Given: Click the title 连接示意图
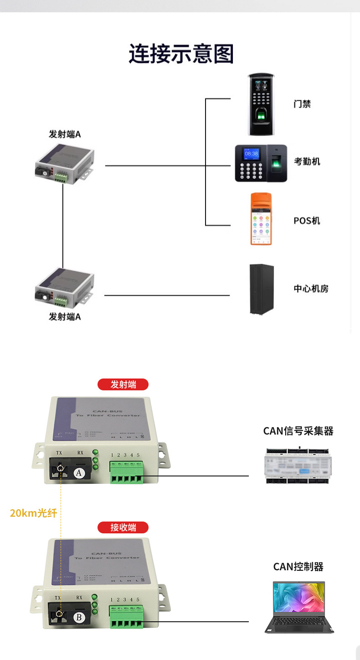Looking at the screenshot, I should point(181,54).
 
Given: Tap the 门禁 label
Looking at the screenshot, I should point(302,104).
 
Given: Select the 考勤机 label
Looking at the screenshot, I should point(307,161).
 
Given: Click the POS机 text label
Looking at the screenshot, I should point(307,220).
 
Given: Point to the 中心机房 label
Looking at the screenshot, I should point(311,289).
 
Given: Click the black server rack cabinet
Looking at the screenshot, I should point(262,289).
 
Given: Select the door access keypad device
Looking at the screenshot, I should point(262,104).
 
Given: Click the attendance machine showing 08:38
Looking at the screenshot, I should point(261,163).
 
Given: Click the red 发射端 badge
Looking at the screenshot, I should point(123,384).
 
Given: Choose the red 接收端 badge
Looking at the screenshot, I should point(123,527).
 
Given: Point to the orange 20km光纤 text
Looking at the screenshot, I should point(34,513).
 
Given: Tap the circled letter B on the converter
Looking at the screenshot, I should point(79,617).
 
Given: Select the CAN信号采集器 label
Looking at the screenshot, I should point(298,431).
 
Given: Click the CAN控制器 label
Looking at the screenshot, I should point(298,567).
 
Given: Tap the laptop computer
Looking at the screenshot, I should point(299,607).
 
